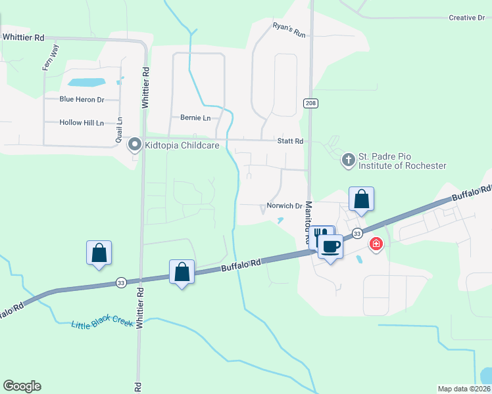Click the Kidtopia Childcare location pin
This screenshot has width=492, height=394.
tap(135, 143)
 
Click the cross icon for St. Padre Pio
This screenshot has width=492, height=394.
tap(348, 159)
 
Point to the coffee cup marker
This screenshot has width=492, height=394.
tap(330, 247)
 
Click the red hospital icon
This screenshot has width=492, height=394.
tap(376, 244)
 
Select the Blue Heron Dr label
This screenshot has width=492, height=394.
tap(82, 100)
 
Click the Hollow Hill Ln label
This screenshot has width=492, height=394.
tap(82, 123)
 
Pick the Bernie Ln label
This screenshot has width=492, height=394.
tap(195, 118)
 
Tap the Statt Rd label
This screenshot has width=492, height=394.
tap(290, 141)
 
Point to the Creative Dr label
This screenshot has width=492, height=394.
tap(466, 18)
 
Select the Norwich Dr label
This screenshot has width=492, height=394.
tap(284, 206)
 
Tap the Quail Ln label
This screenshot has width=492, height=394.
tap(120, 129)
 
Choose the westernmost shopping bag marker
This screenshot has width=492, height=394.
tap(99, 252)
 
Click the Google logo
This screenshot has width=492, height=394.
tap(22, 386)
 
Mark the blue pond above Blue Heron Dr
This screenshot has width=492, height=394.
tap(87, 83)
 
